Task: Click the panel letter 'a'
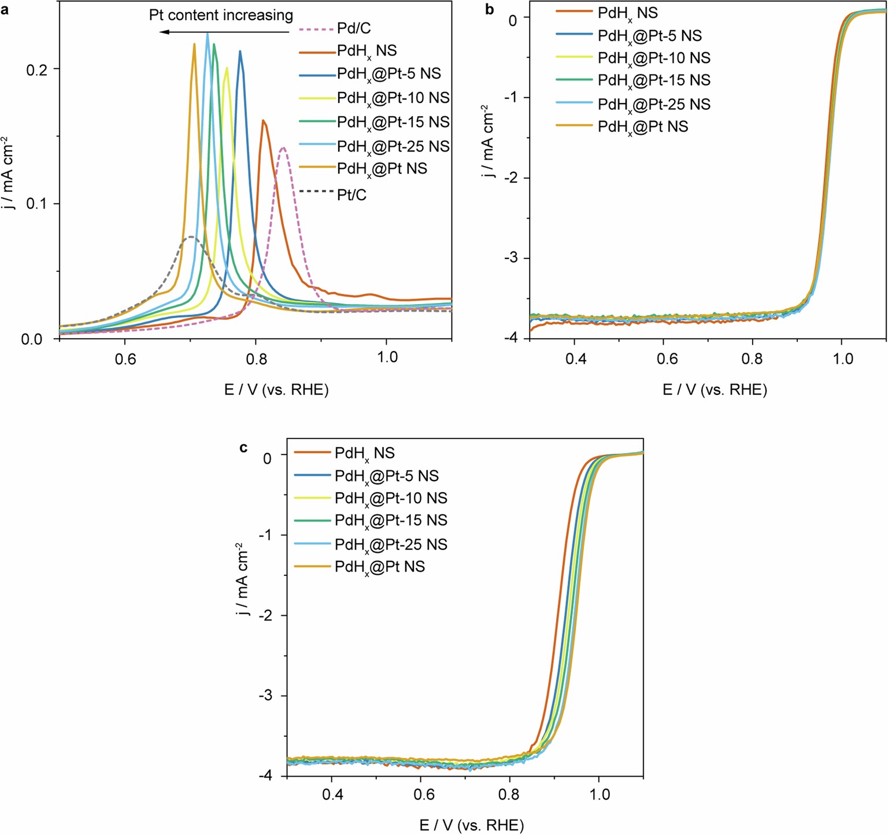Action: coord(5,9)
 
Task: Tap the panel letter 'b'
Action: coord(490,9)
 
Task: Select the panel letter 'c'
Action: coord(244,447)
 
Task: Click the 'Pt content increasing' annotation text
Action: coord(221,15)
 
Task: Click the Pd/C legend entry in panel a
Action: coord(354,28)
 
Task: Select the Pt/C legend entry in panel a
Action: coord(351,195)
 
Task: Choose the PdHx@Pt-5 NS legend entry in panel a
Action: coord(388,74)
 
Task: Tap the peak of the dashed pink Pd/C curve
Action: coord(283,147)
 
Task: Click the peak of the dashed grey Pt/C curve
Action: coord(191,237)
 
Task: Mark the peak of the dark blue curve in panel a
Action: coord(240,51)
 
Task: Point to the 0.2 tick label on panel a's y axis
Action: coord(38,69)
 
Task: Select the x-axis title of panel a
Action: coord(276,390)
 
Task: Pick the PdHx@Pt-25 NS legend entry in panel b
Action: coord(654,104)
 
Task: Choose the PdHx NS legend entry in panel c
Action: coord(364,453)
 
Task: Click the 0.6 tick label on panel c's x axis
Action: coord(424,795)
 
